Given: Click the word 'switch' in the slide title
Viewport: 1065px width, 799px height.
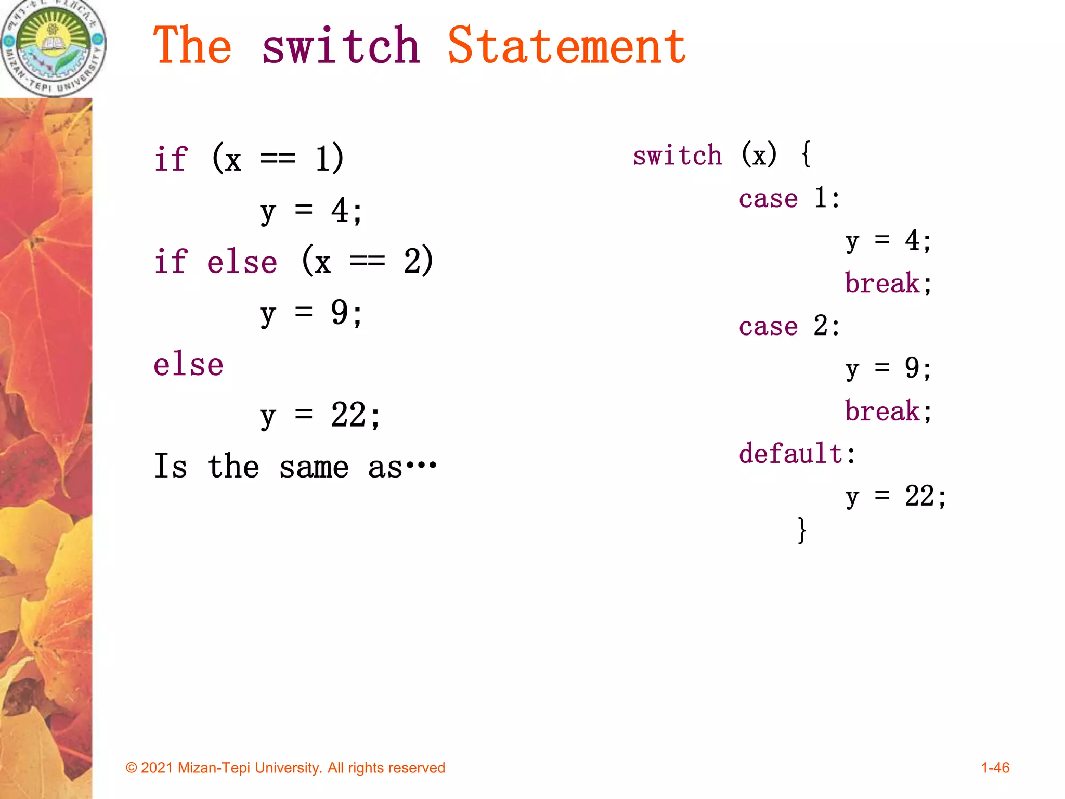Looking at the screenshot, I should pyautogui.click(x=341, y=47).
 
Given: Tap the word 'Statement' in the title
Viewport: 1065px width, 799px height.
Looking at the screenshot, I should pyautogui.click(x=567, y=47).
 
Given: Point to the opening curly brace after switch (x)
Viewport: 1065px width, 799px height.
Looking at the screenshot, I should pyautogui.click(x=806, y=155).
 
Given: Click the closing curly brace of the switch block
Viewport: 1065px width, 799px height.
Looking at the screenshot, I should pyautogui.click(x=802, y=530).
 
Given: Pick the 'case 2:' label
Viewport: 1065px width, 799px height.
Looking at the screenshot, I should pyautogui.click(x=789, y=327).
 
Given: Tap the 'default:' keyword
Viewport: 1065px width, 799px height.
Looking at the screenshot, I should pyautogui.click(x=797, y=454).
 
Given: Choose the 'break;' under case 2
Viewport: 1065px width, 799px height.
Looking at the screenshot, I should pyautogui.click(x=888, y=411).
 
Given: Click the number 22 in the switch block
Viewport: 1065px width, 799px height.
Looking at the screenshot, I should pyautogui.click(x=919, y=496).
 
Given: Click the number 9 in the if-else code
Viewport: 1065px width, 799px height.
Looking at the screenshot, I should pyautogui.click(x=340, y=313).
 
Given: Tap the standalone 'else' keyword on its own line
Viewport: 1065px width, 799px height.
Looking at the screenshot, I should pyautogui.click(x=188, y=365).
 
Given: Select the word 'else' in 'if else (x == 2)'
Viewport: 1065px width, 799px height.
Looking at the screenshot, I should pyautogui.click(x=242, y=262).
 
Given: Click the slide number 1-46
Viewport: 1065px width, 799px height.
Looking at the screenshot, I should pyautogui.click(x=995, y=768).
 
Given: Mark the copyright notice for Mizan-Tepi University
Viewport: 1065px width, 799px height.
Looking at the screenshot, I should pyautogui.click(x=285, y=768).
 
